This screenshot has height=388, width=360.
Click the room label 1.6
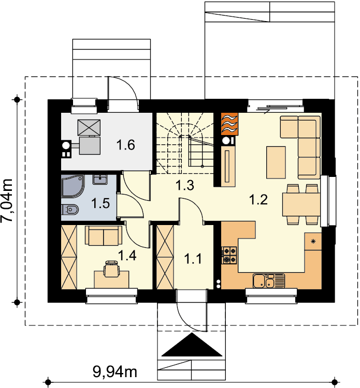[126, 145]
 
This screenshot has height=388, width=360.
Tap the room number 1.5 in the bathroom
[100, 203]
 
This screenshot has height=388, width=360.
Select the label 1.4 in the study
[127, 255]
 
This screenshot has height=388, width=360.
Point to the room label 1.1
[193, 259]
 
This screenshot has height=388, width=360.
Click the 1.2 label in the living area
[258, 200]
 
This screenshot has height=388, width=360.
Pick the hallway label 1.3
[184, 185]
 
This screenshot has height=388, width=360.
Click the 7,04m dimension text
[7, 200]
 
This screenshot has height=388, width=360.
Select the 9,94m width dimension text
[115, 371]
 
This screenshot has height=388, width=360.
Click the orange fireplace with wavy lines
[229, 124]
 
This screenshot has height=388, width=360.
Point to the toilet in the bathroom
[70, 210]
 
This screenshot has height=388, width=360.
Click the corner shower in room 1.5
[73, 186]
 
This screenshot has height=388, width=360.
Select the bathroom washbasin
[100, 180]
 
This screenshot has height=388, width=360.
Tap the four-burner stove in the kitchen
[229, 256]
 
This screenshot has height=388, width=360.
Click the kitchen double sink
[268, 281]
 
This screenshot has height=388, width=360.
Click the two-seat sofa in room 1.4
[104, 235]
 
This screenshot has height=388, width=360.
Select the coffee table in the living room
[276, 162]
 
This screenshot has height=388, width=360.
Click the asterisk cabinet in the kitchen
[313, 241]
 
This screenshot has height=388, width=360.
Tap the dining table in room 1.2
[301, 204]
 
